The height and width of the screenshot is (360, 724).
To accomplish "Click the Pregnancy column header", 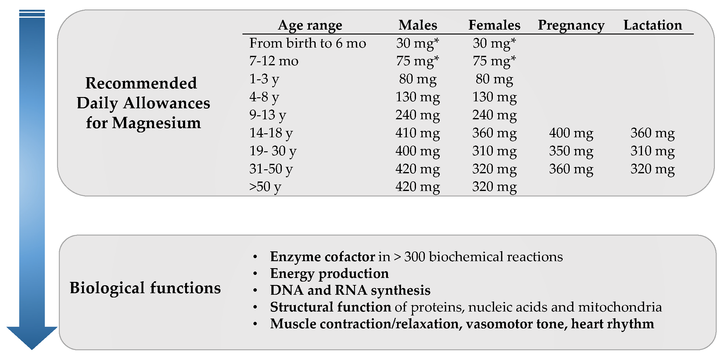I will (x=571, y=25).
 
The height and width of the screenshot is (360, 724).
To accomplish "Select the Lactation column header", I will (x=653, y=25).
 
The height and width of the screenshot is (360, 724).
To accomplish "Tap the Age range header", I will (x=310, y=25).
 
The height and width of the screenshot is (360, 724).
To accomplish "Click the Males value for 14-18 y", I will (x=418, y=133).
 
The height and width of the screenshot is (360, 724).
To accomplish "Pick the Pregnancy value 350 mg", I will (x=571, y=151).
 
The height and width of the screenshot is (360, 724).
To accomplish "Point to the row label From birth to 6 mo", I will (x=307, y=43).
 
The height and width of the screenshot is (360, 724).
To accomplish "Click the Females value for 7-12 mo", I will (x=494, y=61).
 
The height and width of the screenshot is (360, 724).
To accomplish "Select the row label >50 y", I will (x=265, y=187).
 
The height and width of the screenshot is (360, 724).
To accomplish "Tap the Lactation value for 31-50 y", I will (x=653, y=169).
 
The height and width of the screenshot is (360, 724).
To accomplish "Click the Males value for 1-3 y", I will (x=418, y=79).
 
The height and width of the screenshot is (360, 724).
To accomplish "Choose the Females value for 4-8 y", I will (x=494, y=97).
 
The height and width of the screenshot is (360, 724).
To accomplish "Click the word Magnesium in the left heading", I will (x=156, y=123).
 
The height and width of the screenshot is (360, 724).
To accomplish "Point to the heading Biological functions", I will (x=145, y=288).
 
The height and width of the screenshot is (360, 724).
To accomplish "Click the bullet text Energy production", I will (x=329, y=274).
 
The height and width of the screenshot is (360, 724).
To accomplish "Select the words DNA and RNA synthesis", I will (x=350, y=290).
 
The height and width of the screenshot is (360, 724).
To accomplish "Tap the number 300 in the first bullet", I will (x=414, y=257).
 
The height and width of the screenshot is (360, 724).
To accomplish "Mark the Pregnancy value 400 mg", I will (x=571, y=133).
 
